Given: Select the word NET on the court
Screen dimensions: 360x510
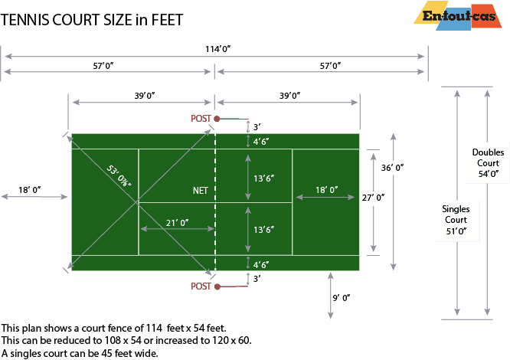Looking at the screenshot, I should pyautogui.click(x=201, y=190).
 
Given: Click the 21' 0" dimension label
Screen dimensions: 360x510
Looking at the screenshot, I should pyautogui.click(x=177, y=222).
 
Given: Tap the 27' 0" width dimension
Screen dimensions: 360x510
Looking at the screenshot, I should pyautogui.click(x=373, y=198).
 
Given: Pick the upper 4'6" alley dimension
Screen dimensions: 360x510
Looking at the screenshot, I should pyautogui.click(x=261, y=142).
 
